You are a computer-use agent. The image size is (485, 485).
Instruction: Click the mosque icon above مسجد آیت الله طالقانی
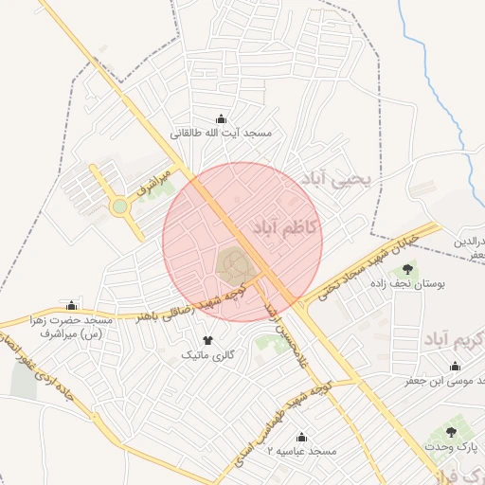pyautogui.click(x=222, y=118)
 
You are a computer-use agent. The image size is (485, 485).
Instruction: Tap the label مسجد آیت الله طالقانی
pyautogui.click(x=222, y=134)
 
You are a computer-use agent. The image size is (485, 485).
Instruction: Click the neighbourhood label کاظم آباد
pyautogui.click(x=285, y=228)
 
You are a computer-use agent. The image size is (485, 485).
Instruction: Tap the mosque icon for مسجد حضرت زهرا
pyautogui.click(x=71, y=305)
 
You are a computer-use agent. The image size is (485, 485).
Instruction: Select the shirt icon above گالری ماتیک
pyautogui.click(x=207, y=339)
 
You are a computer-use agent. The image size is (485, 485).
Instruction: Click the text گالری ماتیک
pyautogui.click(x=207, y=354)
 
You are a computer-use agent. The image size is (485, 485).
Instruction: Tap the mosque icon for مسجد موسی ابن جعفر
pyautogui.click(x=450, y=366)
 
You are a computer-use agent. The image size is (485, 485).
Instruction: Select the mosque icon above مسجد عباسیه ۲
pyautogui.click(x=301, y=438)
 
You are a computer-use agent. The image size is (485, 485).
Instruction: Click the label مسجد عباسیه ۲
pyautogui.click(x=301, y=453)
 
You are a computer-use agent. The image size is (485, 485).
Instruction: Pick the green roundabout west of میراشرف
pyautogui.click(x=119, y=206)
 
